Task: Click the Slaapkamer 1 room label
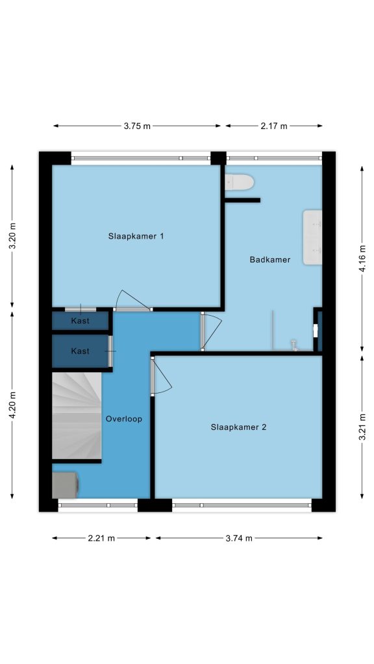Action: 136,236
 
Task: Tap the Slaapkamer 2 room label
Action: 238,427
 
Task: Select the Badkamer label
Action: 269,259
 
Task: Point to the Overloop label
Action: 124,419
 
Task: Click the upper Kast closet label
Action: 80,320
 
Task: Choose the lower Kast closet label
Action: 80,351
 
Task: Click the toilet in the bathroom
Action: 239,182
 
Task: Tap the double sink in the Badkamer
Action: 312,237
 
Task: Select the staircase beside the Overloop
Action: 77,415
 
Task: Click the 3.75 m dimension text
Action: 137,126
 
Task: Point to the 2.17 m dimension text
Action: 273,126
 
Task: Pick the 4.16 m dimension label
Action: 363,258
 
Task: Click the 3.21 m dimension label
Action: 363,427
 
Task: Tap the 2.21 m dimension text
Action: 101,538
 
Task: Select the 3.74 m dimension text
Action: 239,538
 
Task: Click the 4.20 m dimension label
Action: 12,405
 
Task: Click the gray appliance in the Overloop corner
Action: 65,485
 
